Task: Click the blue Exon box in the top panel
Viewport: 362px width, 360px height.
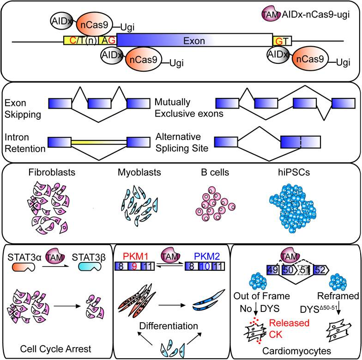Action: click(194, 41)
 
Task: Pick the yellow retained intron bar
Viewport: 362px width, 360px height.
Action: click(99, 142)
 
